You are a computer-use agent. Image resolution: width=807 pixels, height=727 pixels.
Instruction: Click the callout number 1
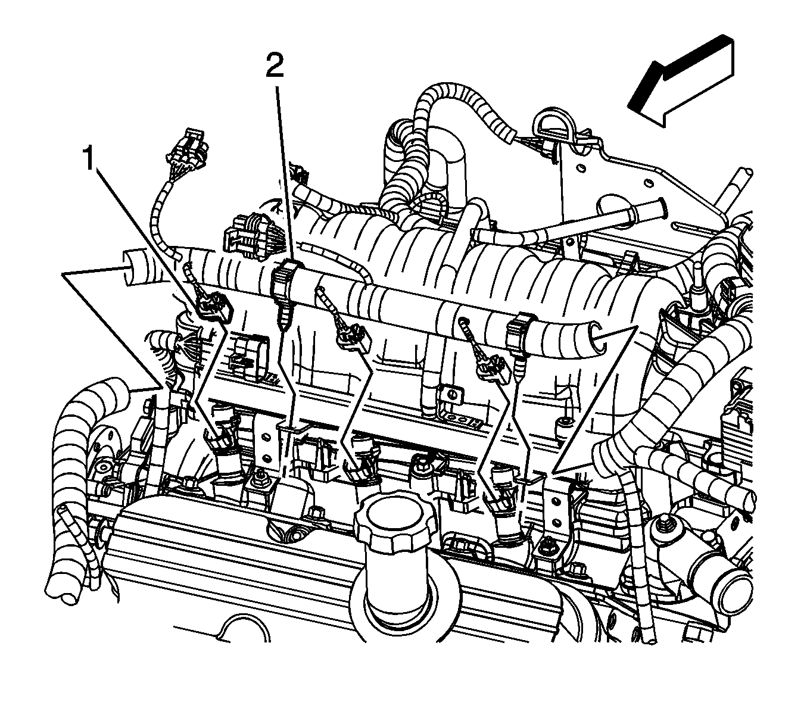click(89, 159)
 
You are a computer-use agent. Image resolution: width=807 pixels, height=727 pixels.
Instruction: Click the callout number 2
click(275, 65)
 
